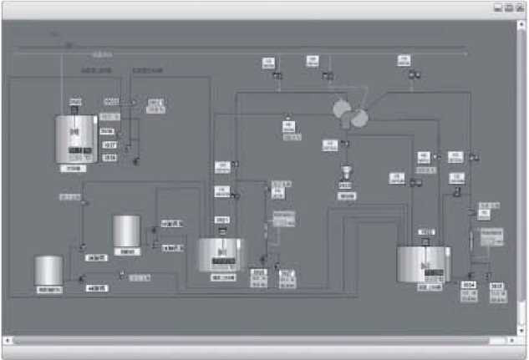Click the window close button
[x=520, y=8]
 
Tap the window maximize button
[x=509, y=8]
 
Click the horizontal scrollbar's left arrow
[x=8, y=341]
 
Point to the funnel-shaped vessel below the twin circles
[x=345, y=174]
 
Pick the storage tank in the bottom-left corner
[x=48, y=271]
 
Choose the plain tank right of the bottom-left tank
[x=126, y=231]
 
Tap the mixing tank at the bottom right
[x=424, y=264]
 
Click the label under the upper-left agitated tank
[x=74, y=168]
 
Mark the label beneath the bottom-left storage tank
[x=48, y=289]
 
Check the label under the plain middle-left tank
[x=127, y=250]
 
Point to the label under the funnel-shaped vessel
[x=345, y=196]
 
